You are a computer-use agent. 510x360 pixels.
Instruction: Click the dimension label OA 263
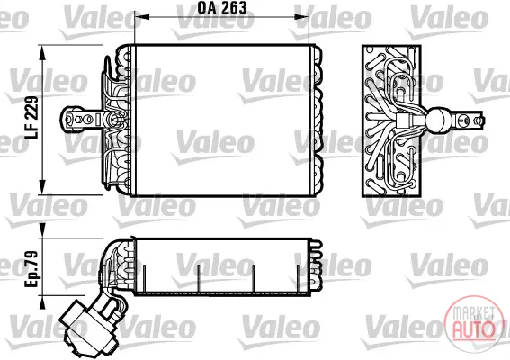coord(222,8)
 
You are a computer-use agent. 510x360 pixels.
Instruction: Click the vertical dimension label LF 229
coord(31,118)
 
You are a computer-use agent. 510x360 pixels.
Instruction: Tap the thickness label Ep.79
coord(31,269)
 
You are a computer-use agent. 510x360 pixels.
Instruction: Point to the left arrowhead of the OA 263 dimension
coord(141,17)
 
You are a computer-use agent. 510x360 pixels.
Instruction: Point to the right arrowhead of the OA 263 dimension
coord(301,17)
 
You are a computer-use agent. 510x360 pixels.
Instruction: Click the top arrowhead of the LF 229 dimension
coord(42,53)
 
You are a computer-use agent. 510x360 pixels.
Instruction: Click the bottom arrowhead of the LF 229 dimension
coord(42,187)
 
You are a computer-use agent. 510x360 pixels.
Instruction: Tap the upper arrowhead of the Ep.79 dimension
coord(42,230)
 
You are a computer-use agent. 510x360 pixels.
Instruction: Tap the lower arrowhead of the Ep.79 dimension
coord(42,302)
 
